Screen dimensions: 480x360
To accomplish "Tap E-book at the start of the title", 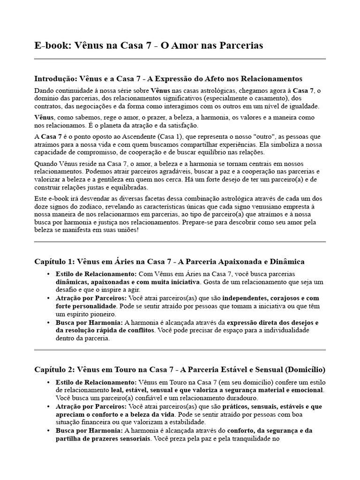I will [x=51, y=45].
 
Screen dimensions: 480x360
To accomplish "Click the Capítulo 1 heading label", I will [x=53, y=261].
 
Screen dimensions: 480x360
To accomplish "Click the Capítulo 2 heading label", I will [x=53, y=369].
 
